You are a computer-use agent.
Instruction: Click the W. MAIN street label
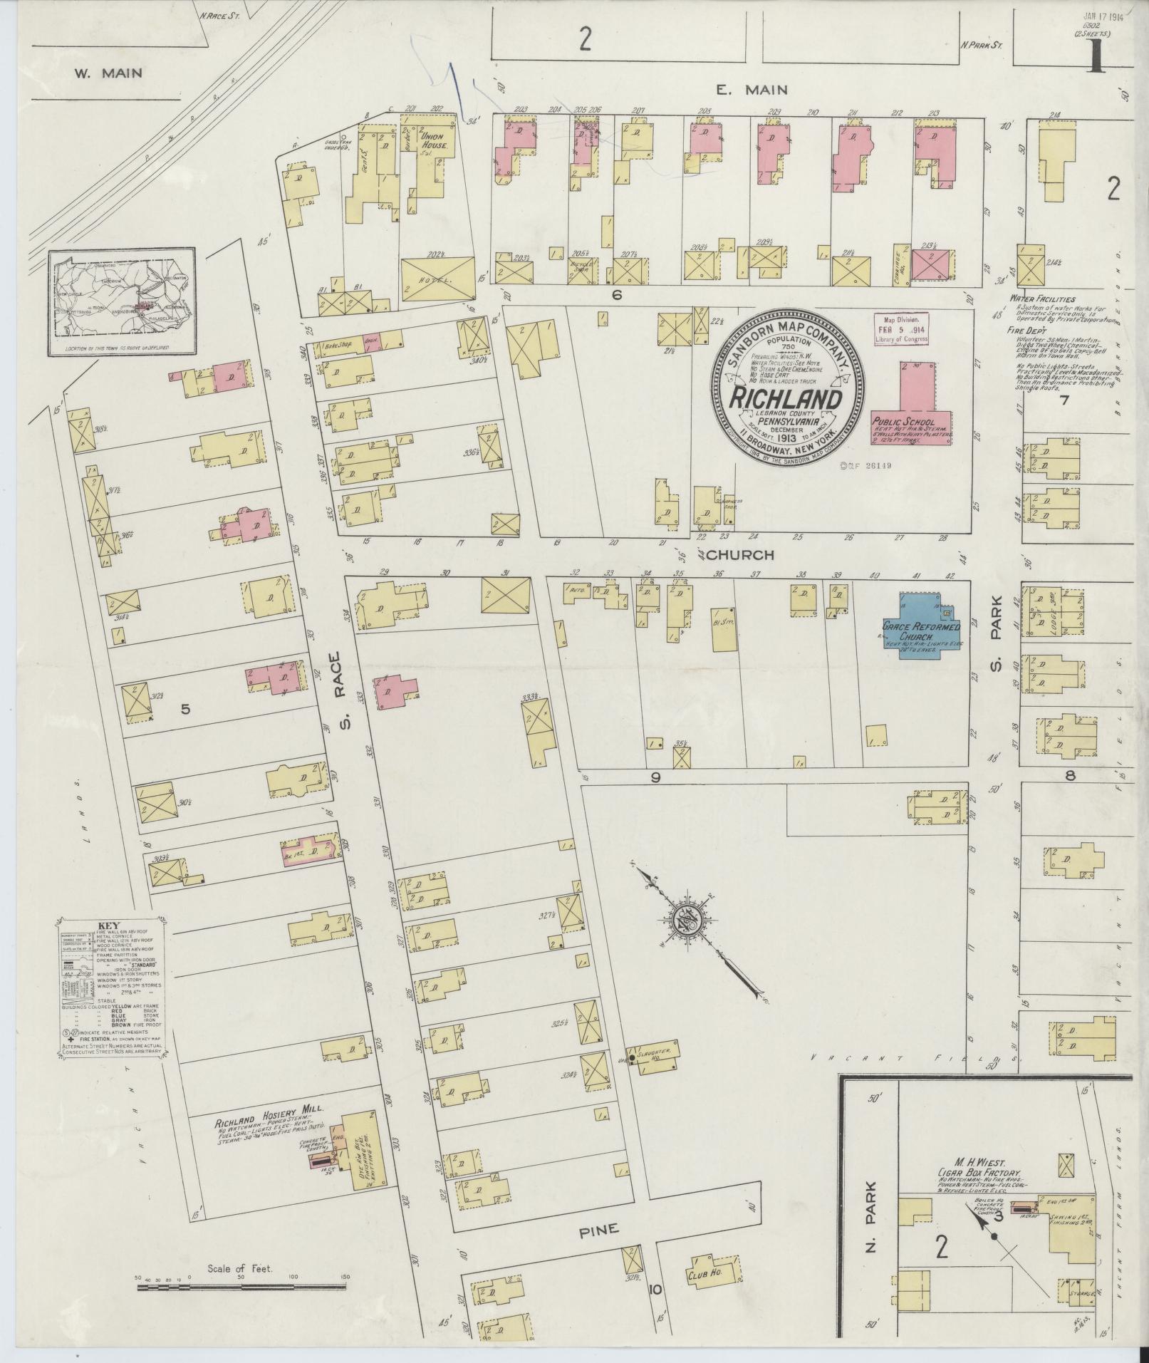(108, 73)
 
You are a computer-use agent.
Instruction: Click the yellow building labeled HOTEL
(437, 281)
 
